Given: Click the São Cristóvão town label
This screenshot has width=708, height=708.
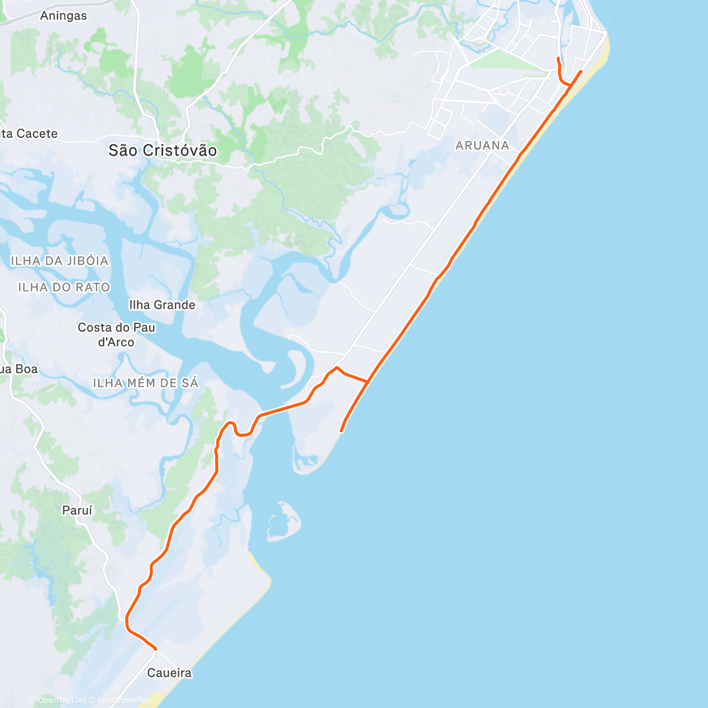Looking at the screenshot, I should [162, 150].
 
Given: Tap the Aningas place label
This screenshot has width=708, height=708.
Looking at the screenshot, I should [63, 16].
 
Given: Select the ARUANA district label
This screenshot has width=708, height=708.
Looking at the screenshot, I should [482, 145].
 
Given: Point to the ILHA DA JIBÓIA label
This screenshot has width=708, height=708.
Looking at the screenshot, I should [60, 261].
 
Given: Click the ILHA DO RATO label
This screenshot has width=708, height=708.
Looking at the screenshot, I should [64, 287].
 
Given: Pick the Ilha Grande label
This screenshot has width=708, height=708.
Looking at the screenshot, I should [162, 305].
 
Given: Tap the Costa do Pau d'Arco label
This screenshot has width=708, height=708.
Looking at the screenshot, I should [116, 335].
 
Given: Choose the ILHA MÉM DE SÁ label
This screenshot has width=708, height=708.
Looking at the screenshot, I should [146, 383].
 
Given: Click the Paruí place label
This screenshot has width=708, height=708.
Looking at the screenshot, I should [77, 510].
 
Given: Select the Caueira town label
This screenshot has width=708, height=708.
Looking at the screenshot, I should [169, 673].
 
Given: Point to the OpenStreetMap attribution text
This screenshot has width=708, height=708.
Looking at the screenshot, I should [123, 701].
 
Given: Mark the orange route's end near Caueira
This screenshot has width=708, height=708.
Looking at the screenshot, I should [156, 649].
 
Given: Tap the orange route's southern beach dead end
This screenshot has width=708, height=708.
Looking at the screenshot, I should [341, 431].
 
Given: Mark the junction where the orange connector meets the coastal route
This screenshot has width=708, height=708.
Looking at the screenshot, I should [368, 382].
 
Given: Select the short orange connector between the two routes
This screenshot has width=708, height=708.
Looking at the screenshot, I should [353, 377].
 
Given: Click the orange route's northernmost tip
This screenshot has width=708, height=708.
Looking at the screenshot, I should [558, 58].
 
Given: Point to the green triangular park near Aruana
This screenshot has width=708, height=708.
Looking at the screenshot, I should [507, 61].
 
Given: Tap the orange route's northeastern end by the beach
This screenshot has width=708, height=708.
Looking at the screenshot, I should [581, 71].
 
